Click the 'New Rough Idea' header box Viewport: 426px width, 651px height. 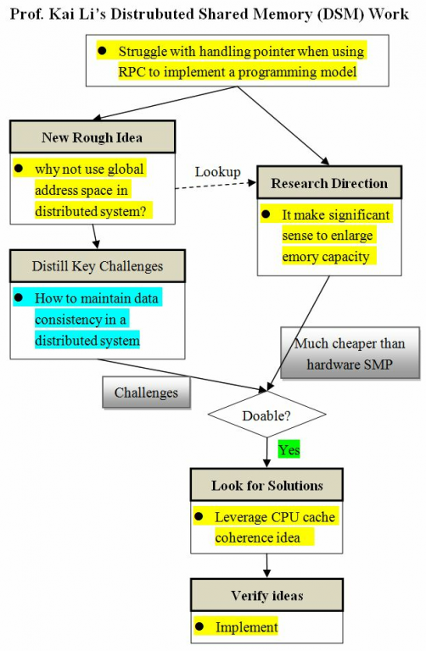click(92, 137)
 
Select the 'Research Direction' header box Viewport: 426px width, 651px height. click(329, 183)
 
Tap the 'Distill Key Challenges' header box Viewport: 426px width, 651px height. click(98, 266)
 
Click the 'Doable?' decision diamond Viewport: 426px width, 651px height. click(266, 415)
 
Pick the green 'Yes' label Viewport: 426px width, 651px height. click(289, 450)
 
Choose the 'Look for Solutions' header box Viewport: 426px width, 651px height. click(266, 485)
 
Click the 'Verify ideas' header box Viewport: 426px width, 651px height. click(266, 595)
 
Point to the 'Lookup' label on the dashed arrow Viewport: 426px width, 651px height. click(218, 172)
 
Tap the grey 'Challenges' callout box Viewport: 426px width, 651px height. click(146, 392)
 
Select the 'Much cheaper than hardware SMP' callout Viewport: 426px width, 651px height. click(350, 353)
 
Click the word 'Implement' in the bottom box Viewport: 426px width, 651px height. click(246, 627)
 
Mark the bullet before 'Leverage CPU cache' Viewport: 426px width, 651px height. click(199, 516)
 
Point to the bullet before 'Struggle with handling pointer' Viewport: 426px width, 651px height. click(102, 51)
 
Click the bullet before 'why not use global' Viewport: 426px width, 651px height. click(19, 169)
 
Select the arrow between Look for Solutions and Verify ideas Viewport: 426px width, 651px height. click(266, 565)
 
